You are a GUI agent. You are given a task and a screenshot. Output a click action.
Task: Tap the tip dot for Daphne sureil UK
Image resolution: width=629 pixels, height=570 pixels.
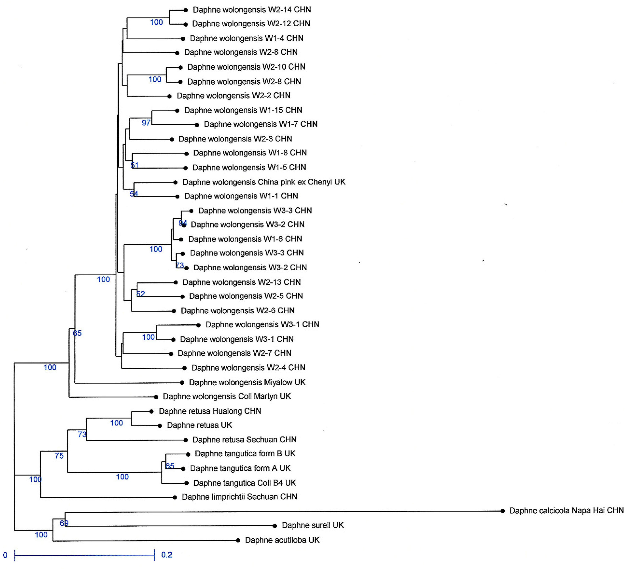point(275,526)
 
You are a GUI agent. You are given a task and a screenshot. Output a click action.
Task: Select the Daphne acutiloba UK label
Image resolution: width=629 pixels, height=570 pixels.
point(282,540)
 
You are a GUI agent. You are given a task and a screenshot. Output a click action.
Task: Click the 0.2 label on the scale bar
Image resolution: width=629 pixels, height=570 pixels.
point(167,555)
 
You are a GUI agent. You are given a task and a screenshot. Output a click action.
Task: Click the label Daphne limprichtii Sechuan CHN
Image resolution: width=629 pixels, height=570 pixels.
point(239,497)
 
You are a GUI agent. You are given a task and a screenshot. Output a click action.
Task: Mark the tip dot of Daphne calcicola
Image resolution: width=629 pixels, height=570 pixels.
point(502,511)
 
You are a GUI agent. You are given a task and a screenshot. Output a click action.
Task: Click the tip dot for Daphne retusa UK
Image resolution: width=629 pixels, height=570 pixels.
point(160,426)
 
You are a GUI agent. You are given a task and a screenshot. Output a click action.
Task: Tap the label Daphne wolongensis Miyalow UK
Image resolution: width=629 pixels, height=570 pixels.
point(247,382)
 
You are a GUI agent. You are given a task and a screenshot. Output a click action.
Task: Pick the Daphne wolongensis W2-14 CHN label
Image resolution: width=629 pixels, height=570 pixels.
point(252,10)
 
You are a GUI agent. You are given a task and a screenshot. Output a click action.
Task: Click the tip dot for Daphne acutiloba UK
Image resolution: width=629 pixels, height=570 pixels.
point(238,540)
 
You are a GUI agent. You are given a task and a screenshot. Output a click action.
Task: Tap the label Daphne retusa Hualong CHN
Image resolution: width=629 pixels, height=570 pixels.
point(210,411)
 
